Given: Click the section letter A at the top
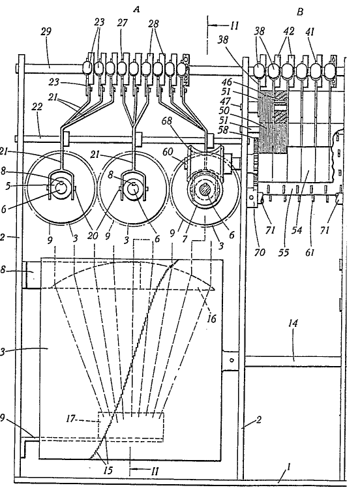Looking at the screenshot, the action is [x=136, y=9].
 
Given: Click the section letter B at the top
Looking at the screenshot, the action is [x=300, y=12].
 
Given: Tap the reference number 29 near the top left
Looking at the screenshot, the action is [x=46, y=32].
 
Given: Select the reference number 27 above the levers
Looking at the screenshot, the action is [x=123, y=23].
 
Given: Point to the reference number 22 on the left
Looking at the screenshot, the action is [x=37, y=107].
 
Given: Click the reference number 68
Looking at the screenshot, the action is [x=166, y=121].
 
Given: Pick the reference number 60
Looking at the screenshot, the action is [x=168, y=152].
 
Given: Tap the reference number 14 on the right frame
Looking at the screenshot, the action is [x=293, y=323].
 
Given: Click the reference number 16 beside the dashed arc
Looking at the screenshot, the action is [x=212, y=319].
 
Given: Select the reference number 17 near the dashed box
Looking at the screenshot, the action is [x=71, y=418].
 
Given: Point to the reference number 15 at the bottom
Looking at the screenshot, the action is [x=108, y=470].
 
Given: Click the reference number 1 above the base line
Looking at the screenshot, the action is [x=288, y=467].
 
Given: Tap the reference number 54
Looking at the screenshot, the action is [x=297, y=230].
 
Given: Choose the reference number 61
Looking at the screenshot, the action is [x=310, y=252].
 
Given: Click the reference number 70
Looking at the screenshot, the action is [x=260, y=252].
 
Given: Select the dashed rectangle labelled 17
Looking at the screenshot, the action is [x=131, y=427].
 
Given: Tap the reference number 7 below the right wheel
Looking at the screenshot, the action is [x=185, y=239].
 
